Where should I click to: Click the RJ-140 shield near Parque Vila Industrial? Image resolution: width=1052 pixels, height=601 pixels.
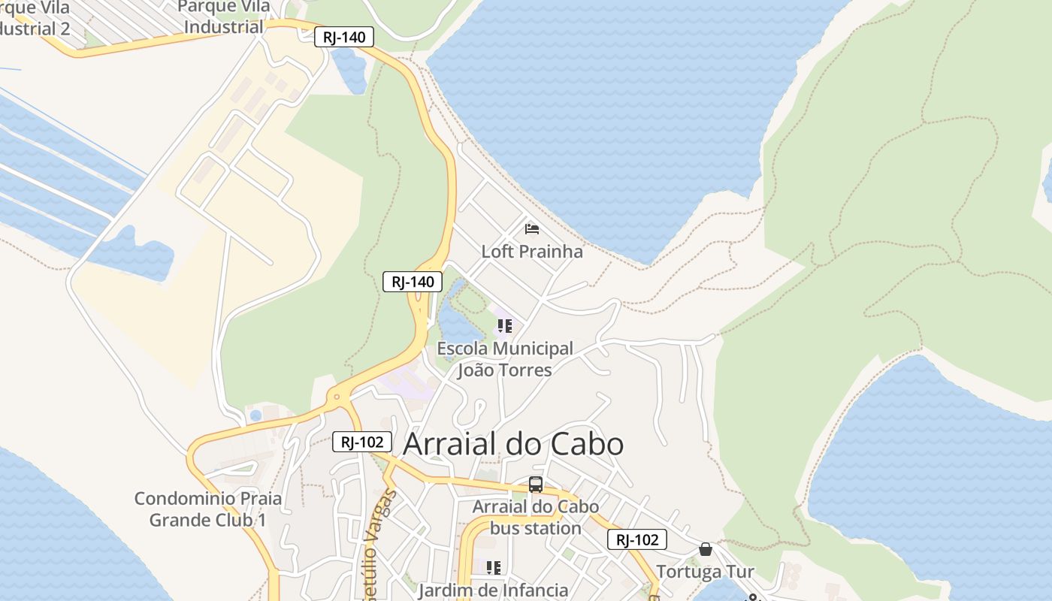(x=343, y=37)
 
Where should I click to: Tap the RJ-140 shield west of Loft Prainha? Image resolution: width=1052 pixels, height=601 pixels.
(x=413, y=282)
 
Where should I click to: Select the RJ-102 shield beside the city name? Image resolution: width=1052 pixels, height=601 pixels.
(x=361, y=442)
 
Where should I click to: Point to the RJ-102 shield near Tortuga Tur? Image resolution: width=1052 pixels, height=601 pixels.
(x=637, y=539)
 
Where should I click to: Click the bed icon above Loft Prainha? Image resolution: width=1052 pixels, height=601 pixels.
(x=532, y=228)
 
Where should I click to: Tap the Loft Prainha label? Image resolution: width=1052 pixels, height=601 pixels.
(x=532, y=251)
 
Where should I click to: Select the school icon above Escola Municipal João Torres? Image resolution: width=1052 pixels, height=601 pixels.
(x=504, y=326)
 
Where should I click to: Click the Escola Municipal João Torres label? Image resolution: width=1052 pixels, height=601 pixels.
(x=505, y=359)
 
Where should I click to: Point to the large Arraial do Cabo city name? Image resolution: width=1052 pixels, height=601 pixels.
(x=513, y=444)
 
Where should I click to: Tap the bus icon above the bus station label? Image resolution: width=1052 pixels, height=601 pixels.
(x=536, y=485)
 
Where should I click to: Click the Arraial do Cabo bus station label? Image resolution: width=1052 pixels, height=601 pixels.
(x=536, y=517)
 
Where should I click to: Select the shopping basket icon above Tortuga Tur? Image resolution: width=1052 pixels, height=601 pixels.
(x=705, y=549)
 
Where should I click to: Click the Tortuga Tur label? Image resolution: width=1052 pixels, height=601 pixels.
(x=705, y=572)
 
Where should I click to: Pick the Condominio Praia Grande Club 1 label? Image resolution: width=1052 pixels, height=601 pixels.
(x=208, y=509)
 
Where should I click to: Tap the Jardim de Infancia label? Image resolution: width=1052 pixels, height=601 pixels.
(x=493, y=590)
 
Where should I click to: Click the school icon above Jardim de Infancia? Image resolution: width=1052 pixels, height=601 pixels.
(x=493, y=568)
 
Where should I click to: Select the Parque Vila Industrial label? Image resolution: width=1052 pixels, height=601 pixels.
(x=223, y=17)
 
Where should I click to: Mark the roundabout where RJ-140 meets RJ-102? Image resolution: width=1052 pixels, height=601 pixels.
(x=336, y=396)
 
